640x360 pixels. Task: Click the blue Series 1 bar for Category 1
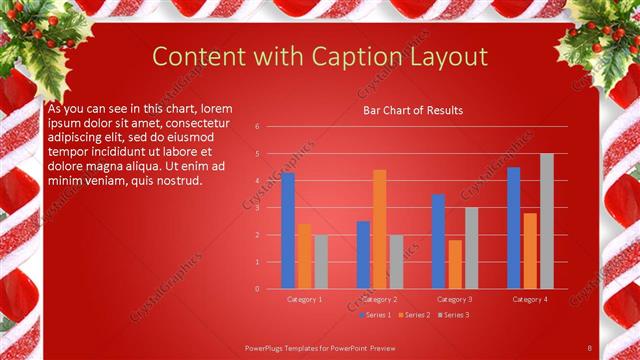288,231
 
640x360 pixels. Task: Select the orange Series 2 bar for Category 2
380,229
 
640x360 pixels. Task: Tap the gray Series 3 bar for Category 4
546,221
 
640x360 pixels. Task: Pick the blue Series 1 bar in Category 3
438,241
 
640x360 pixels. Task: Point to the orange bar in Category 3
455,264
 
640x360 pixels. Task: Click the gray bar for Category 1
320,262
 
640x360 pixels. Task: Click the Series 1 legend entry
375,315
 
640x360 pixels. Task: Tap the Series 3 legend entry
452,315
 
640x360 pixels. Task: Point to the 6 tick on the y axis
257,127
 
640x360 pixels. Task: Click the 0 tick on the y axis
257,289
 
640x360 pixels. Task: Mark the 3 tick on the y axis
257,208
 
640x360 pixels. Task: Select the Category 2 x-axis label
380,299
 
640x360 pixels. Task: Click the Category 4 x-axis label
530,299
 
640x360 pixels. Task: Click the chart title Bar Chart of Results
412,110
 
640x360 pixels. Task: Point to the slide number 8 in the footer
590,346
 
